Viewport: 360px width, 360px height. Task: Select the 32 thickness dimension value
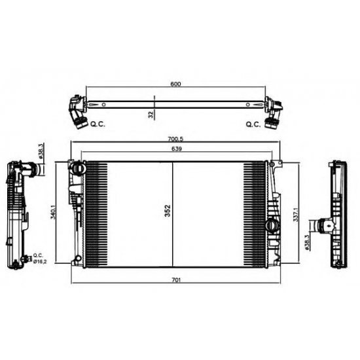click(151, 115)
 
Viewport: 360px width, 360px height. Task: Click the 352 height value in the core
click(168, 211)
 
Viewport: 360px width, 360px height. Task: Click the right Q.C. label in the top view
click(253, 123)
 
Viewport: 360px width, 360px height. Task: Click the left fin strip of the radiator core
click(96, 211)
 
